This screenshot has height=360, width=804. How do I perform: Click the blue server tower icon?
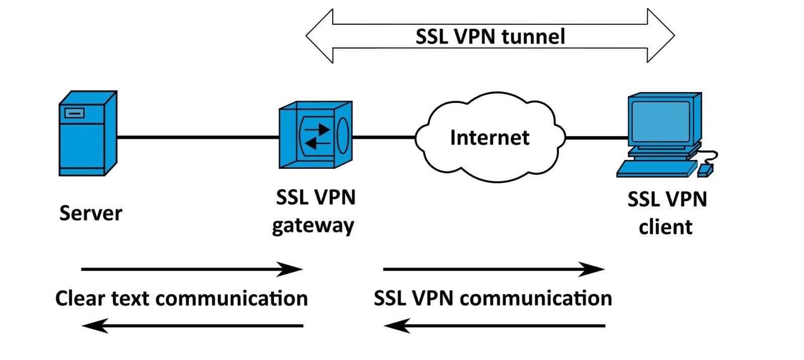87,134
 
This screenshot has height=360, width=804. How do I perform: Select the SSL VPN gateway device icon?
316,135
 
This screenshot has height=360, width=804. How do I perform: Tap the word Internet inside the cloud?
489,138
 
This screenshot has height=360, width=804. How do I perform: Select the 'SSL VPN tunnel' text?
490,37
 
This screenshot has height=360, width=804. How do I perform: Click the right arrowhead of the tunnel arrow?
660,36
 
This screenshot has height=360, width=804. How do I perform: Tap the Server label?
90,213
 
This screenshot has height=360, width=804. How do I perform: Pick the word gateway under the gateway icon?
313,226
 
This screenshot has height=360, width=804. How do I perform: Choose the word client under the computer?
665,227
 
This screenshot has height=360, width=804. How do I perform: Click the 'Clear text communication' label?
181,298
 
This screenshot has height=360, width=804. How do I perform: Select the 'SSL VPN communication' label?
492,298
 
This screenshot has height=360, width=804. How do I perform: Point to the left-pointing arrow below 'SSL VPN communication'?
494,326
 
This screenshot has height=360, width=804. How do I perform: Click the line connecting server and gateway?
198,137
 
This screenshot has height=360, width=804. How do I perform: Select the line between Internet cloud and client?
596,137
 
